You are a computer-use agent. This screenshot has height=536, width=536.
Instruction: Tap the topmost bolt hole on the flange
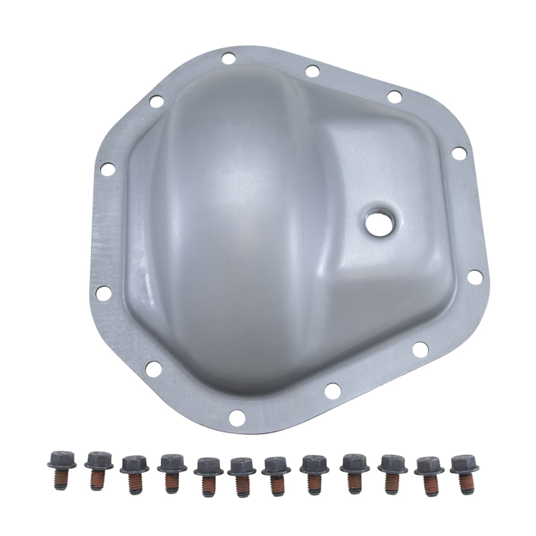coord(228,58)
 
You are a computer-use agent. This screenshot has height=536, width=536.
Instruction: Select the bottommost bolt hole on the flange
coord(235,418)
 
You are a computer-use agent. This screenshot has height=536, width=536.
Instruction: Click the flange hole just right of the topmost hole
coord(312,70)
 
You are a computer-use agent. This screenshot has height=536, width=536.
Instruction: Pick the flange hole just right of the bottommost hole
coord(331,388)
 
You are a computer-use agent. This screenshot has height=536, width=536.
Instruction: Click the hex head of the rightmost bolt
coord(464,463)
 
